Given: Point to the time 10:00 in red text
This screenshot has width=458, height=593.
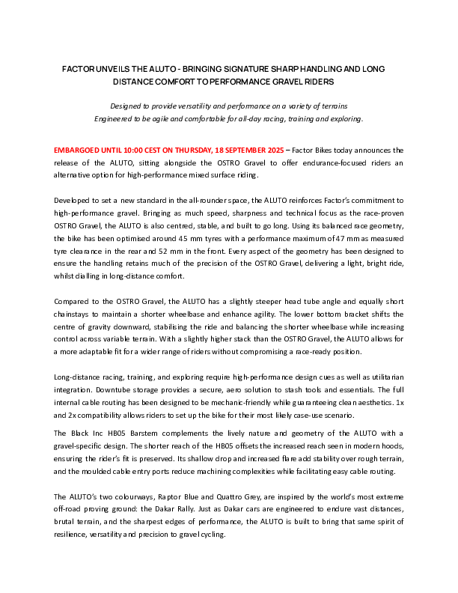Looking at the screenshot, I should (x=134, y=150).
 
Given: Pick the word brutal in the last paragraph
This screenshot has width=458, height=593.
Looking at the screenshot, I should (x=67, y=520).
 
